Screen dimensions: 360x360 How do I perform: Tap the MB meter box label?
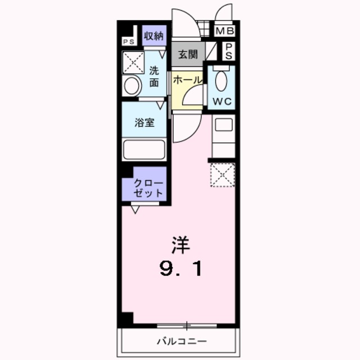pyautogui.click(x=226, y=31)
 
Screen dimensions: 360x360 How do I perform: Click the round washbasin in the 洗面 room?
pyautogui.click(x=132, y=87)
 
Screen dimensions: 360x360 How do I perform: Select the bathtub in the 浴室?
pyautogui.click(x=143, y=150)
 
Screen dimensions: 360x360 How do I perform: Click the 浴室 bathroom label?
pyautogui.click(x=145, y=123)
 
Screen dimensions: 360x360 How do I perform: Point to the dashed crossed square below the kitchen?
pyautogui.click(x=222, y=174)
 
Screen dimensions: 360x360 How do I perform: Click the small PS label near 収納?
pyautogui.click(x=128, y=42)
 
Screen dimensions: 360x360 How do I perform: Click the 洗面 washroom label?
pyautogui.click(x=154, y=76)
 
